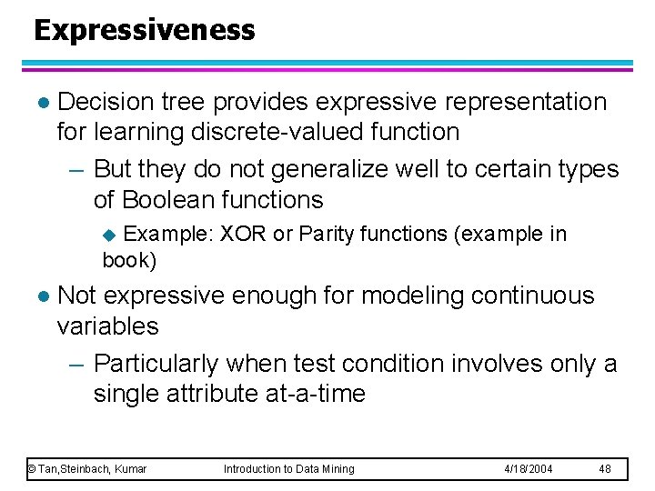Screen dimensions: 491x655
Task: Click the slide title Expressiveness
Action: (x=145, y=30)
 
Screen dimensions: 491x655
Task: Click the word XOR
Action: (x=243, y=234)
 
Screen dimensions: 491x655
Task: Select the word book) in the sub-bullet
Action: (x=129, y=260)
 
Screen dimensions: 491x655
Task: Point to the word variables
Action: (x=107, y=326)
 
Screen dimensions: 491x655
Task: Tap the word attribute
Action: (x=207, y=394)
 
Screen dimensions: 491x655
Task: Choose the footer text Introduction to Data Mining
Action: (x=289, y=468)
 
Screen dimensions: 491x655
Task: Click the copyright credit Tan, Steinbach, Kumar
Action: (x=87, y=468)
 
